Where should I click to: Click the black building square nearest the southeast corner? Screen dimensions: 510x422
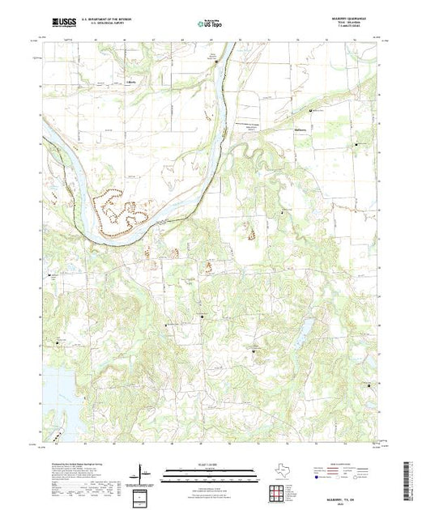point(371,387)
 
